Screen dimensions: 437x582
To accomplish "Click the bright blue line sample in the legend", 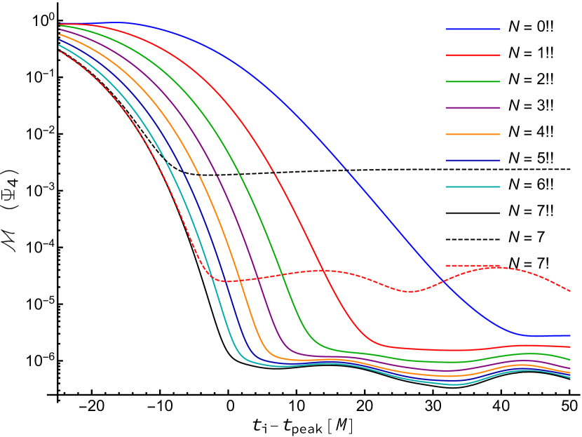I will pos(473,29).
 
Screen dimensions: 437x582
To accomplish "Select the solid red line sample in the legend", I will pos(473,55).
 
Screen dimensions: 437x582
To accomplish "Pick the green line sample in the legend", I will pos(473,82).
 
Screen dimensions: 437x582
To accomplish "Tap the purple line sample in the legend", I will pos(473,108).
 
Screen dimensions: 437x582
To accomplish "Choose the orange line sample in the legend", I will pos(473,134).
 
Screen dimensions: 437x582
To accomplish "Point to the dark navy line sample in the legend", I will pos(473,161).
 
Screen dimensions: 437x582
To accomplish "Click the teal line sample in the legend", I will pos(473,187).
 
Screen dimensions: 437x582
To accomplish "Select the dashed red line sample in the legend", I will pos(473,266).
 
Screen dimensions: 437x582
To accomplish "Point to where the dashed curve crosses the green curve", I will pos(282,275).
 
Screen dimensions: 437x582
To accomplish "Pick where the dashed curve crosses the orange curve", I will pos(238,281).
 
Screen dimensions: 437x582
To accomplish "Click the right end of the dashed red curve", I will pos(570,290).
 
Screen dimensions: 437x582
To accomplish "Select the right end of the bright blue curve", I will pos(570,335).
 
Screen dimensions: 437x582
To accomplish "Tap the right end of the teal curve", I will pos(570,377).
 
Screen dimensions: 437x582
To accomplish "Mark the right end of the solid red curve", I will pos(570,347).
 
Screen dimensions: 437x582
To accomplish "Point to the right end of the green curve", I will pos(570,361).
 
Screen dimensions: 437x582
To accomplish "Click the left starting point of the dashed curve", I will pos(60,51).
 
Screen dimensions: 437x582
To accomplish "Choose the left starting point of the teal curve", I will pos(60,46).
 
